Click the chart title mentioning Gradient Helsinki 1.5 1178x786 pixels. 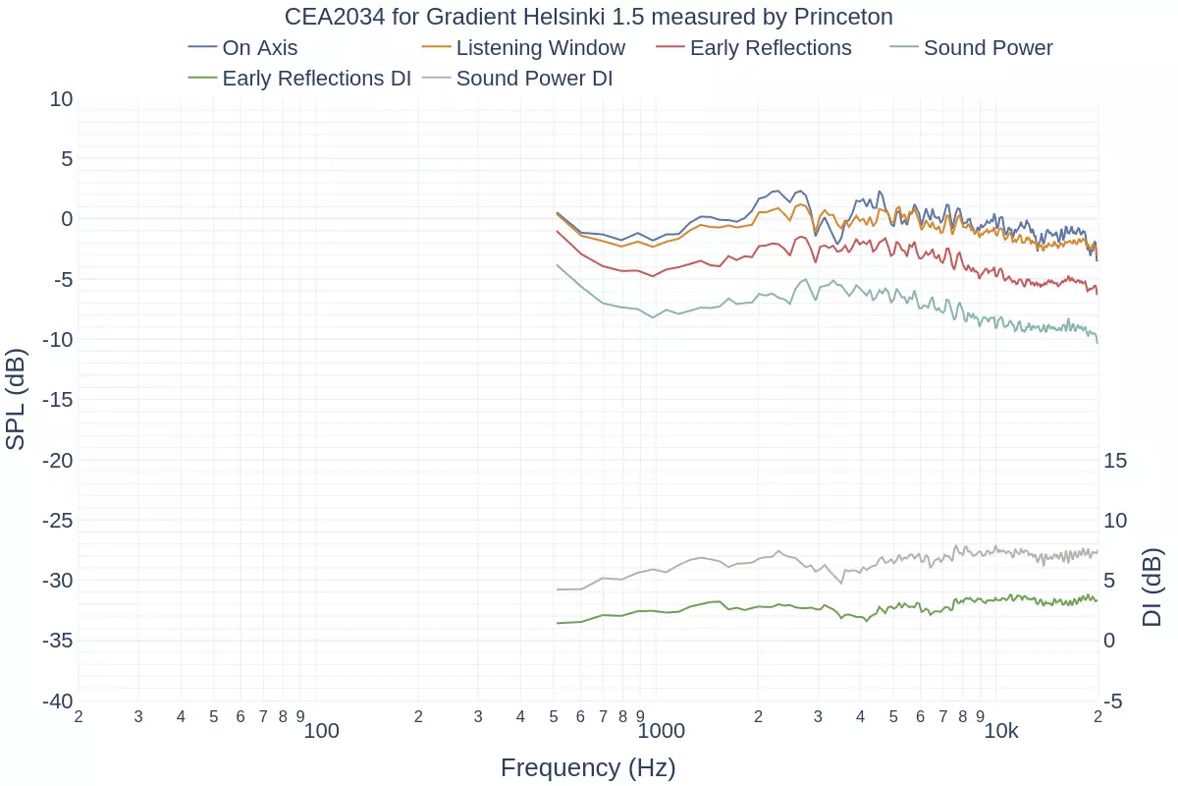(589, 18)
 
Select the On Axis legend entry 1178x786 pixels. (259, 48)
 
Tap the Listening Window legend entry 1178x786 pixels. (540, 48)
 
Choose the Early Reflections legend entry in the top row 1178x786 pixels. (770, 48)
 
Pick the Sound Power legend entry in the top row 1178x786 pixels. (988, 48)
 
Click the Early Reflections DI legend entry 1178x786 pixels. (316, 79)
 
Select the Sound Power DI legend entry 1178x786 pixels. (534, 79)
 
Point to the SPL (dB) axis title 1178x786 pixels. (16, 399)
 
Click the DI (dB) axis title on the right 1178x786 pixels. (1152, 588)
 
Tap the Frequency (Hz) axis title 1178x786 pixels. (588, 767)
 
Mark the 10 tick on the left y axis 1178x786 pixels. (61, 98)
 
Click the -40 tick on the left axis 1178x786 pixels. (57, 701)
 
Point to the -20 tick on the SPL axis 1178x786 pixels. (57, 460)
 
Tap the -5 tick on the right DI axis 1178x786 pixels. (1113, 701)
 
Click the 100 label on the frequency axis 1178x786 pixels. (321, 731)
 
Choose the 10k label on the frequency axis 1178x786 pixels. (1001, 731)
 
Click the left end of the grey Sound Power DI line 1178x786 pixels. (557, 589)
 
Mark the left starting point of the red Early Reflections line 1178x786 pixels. (557, 231)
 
